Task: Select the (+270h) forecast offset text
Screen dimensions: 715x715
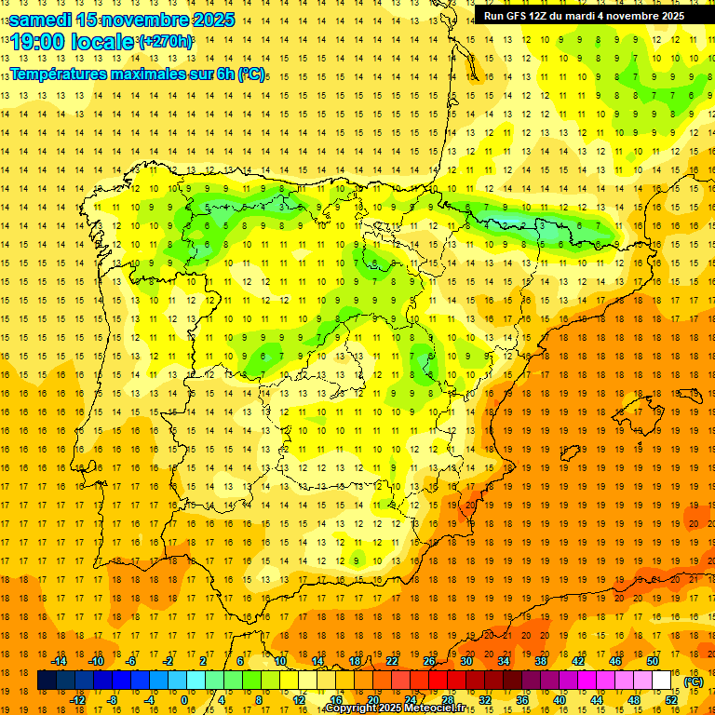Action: (x=165, y=42)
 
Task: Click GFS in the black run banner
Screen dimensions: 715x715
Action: (x=519, y=16)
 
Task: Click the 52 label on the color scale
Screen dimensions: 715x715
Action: (x=671, y=700)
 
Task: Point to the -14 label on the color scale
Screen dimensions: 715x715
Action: (x=59, y=661)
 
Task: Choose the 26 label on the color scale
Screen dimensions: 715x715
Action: (x=429, y=661)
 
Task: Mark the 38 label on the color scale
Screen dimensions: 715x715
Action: (x=540, y=661)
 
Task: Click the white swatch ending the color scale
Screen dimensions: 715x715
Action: (x=661, y=681)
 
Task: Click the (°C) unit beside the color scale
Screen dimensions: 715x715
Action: (x=693, y=681)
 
